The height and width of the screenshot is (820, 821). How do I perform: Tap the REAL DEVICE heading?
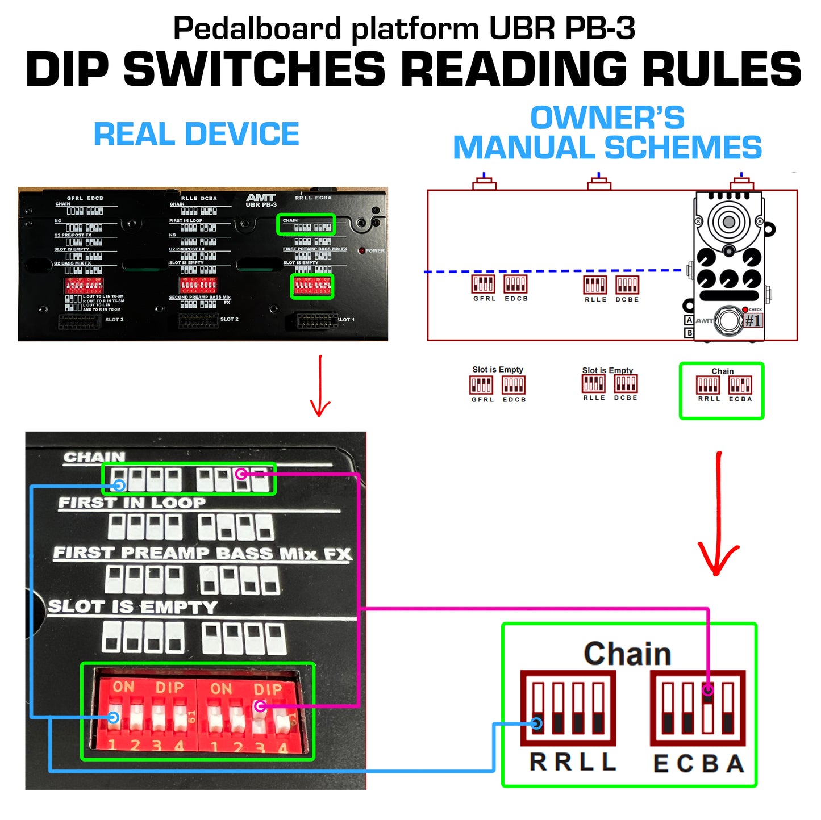(x=196, y=134)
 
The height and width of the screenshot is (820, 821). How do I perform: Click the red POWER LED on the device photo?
(x=361, y=250)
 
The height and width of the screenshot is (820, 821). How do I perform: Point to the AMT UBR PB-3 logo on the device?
(x=261, y=200)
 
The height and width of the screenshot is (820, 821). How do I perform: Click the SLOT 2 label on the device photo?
(x=229, y=319)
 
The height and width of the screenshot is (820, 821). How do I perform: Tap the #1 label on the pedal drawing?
(x=753, y=321)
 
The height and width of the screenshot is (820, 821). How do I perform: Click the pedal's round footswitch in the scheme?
(x=728, y=320)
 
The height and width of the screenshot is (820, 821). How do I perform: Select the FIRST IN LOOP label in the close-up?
(x=132, y=503)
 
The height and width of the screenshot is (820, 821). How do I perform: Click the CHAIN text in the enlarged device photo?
(x=94, y=457)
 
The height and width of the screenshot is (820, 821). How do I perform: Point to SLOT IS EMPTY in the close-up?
(x=132, y=607)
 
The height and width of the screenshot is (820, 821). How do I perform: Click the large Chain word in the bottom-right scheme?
(x=627, y=654)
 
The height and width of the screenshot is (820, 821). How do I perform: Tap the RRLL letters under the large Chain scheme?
(x=572, y=762)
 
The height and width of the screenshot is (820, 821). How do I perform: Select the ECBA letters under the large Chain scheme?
(x=698, y=764)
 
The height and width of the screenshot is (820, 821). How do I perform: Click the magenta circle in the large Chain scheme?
(x=707, y=689)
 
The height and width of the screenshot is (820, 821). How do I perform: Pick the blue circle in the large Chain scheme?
(x=536, y=723)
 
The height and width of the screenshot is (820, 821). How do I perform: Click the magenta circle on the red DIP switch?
(x=260, y=706)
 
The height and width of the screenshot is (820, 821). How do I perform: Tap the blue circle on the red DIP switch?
(x=114, y=718)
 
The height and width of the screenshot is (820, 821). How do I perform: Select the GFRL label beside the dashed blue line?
(x=484, y=299)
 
